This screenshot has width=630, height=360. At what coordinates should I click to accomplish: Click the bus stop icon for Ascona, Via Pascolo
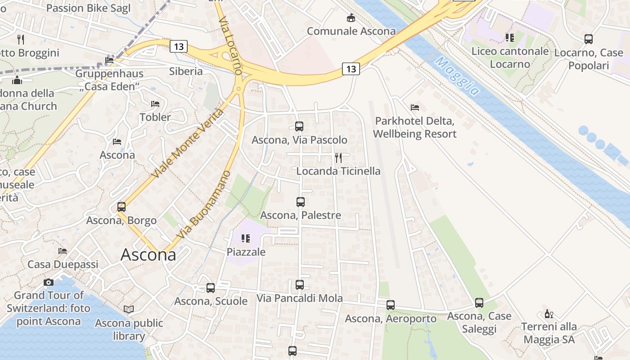point(299,126)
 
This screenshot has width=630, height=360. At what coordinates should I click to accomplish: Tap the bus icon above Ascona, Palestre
point(301,202)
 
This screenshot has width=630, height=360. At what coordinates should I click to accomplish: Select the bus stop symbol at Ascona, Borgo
point(121,207)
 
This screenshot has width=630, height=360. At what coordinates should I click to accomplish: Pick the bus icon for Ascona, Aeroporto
point(390,305)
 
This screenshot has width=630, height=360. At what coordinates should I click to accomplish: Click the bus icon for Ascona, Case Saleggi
point(479,303)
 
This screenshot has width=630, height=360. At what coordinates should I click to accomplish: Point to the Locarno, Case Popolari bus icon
point(588,39)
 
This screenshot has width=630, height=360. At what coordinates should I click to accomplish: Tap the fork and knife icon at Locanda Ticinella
point(338,157)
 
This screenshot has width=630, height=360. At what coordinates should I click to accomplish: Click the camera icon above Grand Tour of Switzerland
point(49,282)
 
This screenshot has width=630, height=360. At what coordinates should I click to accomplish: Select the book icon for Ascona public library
point(129,310)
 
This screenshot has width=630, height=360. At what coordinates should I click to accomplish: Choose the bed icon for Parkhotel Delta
point(415,108)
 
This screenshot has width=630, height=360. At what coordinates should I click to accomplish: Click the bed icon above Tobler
point(155,104)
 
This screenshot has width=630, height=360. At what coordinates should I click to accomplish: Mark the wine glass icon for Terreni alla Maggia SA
point(549,314)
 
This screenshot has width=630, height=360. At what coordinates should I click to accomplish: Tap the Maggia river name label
point(457,76)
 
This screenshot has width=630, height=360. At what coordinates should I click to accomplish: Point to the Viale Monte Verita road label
point(188,143)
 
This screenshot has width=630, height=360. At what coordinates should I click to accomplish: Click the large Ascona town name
point(148,255)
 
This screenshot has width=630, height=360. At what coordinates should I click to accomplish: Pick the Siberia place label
point(186,71)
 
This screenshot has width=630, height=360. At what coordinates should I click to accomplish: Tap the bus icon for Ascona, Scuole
point(211,288)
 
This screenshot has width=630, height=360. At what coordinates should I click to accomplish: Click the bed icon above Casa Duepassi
point(63,251)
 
